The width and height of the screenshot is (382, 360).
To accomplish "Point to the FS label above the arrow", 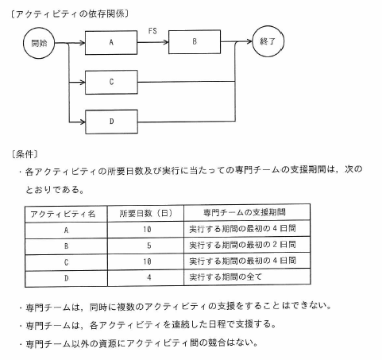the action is click(152, 31).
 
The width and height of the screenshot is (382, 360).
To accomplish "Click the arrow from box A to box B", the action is click(153, 42).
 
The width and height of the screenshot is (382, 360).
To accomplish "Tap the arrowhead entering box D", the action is click(83, 122).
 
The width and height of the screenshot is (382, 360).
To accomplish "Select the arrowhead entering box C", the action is click(83, 83).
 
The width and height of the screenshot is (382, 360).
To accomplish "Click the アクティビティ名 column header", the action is click(63, 214).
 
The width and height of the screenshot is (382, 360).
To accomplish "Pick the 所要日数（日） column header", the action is click(146, 213).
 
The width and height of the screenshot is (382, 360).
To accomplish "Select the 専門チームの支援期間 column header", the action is click(245, 212).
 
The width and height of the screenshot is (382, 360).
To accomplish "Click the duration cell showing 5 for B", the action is click(149, 246).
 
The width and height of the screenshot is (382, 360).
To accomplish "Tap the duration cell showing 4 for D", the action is click(149, 277).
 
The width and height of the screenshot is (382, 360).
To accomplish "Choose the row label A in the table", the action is click(66, 230).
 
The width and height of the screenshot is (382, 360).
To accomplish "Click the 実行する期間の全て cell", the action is click(226, 277).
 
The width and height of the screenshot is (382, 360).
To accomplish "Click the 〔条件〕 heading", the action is click(25, 154).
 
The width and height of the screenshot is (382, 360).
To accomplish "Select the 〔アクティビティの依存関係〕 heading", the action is click(70, 14).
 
